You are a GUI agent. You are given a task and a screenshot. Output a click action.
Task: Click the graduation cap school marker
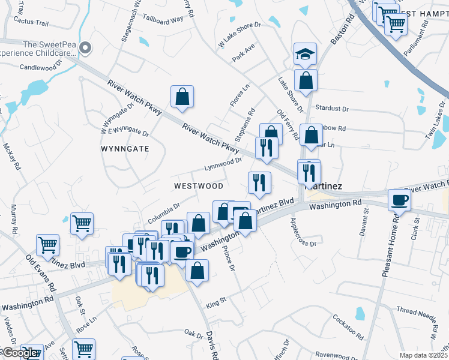(x=305, y=55)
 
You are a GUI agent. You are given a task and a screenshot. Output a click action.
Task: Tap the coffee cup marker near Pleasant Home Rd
(x=399, y=200)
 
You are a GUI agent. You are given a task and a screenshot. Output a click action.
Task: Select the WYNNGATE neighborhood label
(x=125, y=148)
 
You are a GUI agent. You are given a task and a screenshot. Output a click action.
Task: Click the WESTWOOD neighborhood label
(x=199, y=186)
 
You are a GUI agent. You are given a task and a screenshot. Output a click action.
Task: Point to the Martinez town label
(x=325, y=186)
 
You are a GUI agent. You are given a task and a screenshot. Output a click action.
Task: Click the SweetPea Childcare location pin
(x=85, y=48)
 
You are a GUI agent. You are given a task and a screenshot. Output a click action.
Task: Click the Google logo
(x=19, y=353)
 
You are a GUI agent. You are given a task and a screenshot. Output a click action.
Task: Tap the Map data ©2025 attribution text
(x=423, y=355)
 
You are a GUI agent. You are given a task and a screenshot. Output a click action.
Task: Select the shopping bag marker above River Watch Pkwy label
(x=182, y=96)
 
